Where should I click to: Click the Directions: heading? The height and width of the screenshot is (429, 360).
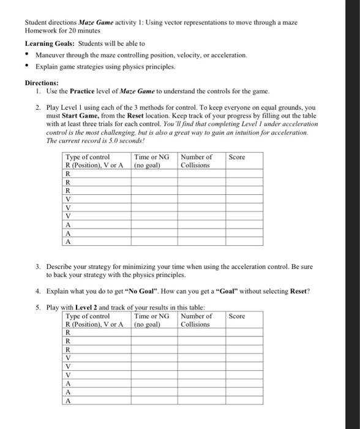click(x=42, y=82)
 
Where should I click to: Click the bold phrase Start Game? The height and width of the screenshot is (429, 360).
click(x=78, y=115)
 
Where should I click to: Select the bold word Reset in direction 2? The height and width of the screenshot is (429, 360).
click(x=139, y=115)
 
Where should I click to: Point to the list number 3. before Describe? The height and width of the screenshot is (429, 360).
click(x=38, y=267)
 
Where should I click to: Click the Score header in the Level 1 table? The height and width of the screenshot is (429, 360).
click(x=237, y=158)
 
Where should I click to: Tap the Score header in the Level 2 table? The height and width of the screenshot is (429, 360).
click(x=237, y=316)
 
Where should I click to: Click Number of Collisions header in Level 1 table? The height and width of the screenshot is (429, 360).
click(x=196, y=161)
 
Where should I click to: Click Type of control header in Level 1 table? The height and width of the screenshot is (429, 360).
click(x=88, y=158)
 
